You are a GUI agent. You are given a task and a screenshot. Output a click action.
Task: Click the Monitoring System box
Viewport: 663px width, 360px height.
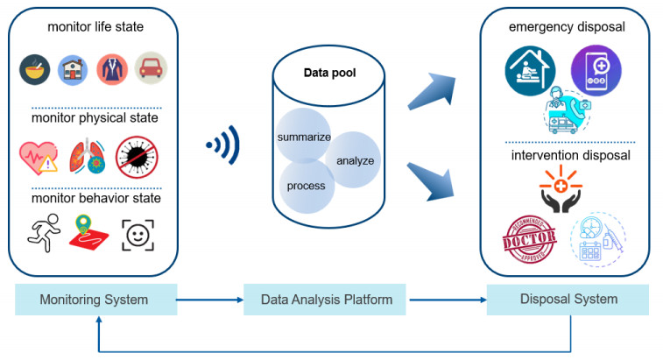(94, 300)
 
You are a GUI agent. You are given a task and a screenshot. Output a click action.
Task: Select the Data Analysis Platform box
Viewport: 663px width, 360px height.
(326, 300)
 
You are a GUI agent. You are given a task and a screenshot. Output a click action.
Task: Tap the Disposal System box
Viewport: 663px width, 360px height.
(568, 300)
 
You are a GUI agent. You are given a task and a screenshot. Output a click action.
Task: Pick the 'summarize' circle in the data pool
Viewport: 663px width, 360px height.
(302, 137)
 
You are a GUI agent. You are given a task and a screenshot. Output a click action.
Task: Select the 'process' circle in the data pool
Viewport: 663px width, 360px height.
(306, 186)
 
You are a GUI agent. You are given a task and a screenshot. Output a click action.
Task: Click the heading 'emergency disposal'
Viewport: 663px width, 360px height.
(567, 28)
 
